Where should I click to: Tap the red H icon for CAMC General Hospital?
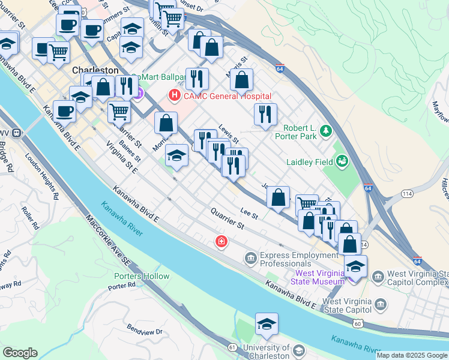tap(175, 95)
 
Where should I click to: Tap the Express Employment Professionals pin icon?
tap(250, 259)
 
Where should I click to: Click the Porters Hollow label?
tap(142, 276)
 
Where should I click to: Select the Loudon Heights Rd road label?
tap(41, 175)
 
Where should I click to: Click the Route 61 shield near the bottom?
tap(232, 347)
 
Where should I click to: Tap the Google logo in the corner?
tap(20, 353)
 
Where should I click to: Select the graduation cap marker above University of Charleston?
tap(267, 325)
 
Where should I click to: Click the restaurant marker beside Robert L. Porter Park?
tap(265, 115)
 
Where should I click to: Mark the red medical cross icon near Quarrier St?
tap(221, 241)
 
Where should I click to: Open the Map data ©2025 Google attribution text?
tap(412, 355)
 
